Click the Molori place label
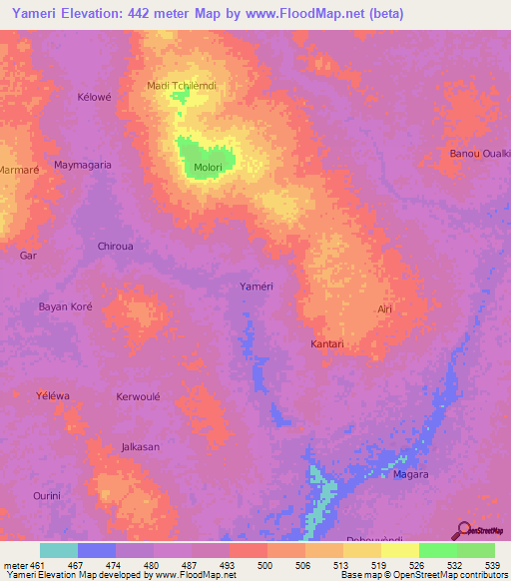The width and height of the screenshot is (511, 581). [208, 167]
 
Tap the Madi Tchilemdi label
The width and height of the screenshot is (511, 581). [182, 86]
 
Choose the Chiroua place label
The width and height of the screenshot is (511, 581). [116, 246]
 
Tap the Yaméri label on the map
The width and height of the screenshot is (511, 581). [256, 287]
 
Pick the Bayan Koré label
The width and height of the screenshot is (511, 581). [65, 306]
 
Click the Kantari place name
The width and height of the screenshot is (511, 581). [327, 344]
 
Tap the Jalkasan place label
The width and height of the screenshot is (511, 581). [140, 447]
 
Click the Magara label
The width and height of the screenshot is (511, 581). [410, 474]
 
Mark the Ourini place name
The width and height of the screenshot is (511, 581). [47, 496]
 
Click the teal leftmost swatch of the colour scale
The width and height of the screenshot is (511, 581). [59, 550]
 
